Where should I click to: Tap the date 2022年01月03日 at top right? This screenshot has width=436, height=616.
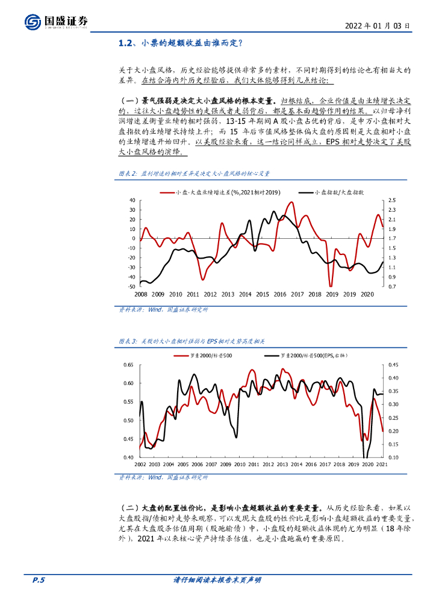(x=378, y=26)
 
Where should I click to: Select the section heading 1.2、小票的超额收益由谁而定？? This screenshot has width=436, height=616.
(x=181, y=43)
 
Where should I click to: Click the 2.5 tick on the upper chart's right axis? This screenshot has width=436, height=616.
(x=391, y=200)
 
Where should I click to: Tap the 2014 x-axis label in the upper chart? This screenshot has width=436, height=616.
(x=245, y=295)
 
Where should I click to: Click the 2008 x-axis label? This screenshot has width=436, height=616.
(x=141, y=295)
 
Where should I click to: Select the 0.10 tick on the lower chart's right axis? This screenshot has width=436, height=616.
(x=394, y=458)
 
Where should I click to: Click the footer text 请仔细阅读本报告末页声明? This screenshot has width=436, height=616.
(x=217, y=581)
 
